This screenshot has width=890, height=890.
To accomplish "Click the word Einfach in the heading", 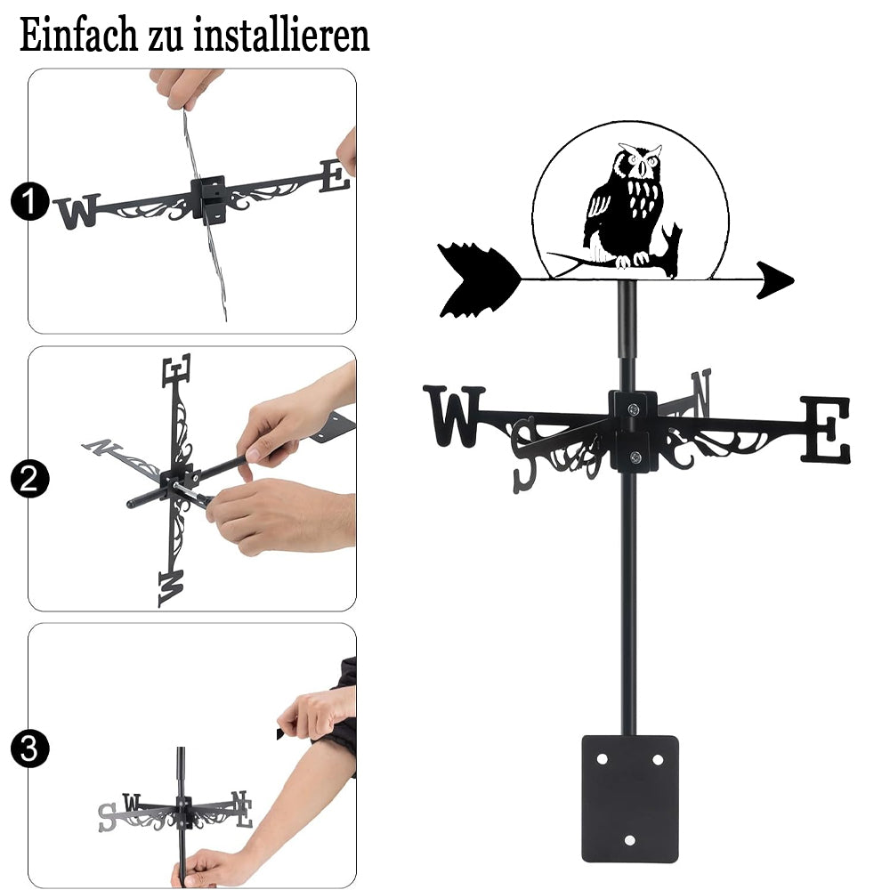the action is (x=77, y=36).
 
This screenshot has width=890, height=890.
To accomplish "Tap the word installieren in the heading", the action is (x=281, y=36).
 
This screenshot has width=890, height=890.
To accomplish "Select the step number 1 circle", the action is (x=29, y=201).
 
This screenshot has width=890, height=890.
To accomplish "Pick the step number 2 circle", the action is (x=29, y=479).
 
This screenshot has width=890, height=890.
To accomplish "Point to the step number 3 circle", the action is (x=29, y=748).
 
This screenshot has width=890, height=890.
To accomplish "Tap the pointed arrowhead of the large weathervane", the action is (x=775, y=279).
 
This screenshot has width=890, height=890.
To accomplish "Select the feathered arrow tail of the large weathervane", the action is (x=479, y=280).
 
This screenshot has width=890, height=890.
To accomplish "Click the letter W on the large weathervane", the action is (x=454, y=416).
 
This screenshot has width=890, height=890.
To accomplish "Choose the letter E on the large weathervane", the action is (x=826, y=429).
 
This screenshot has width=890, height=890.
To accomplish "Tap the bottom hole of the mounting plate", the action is (x=630, y=840).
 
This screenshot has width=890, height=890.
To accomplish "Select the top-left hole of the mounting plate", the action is (x=603, y=759).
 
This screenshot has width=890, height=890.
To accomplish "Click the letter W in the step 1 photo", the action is (x=77, y=211).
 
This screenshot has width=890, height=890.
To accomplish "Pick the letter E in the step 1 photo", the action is (x=335, y=175).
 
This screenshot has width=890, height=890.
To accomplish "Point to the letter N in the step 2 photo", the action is (x=102, y=448).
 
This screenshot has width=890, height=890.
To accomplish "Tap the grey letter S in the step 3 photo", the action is (x=107, y=817).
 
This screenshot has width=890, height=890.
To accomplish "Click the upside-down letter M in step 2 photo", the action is (x=171, y=588).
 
